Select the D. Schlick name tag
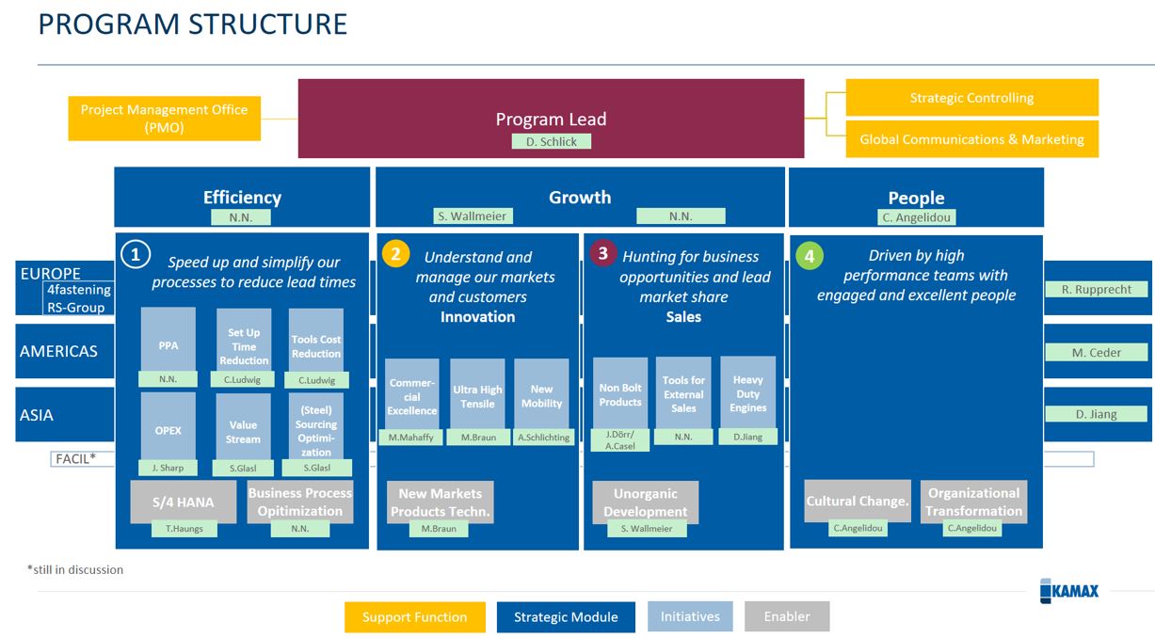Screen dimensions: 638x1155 click(552, 141)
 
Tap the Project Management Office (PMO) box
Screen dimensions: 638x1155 click(165, 119)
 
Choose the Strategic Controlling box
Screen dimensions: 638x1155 click(971, 98)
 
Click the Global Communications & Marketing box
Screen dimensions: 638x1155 click(971, 139)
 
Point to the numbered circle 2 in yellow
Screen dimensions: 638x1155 click(396, 254)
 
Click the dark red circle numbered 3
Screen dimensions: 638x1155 click(602, 253)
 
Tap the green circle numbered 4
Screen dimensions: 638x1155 click(809, 255)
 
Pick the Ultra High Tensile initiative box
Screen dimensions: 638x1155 click(477, 394)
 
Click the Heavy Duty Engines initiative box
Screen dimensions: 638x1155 click(748, 392)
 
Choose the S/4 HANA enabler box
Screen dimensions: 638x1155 click(183, 502)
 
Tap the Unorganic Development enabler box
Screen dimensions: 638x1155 click(645, 502)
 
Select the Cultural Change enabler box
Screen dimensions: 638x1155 click(858, 501)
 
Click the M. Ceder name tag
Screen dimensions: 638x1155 click(1097, 353)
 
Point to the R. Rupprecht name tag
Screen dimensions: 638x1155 click(1097, 290)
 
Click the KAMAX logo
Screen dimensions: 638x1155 click(1069, 591)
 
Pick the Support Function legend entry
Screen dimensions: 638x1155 click(415, 617)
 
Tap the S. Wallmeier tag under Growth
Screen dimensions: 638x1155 click(472, 216)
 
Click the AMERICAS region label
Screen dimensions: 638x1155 click(58, 351)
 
